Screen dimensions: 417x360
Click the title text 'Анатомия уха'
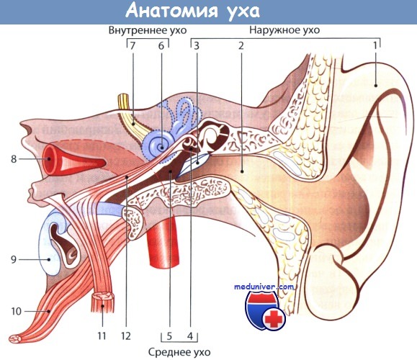[192, 12]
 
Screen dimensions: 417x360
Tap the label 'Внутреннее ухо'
[148, 30]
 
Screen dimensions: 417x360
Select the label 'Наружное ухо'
[284, 30]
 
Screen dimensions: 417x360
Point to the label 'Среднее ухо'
[179, 352]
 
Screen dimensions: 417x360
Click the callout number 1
[375, 46]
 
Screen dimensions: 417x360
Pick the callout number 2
[241, 46]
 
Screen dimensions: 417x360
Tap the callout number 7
[133, 46]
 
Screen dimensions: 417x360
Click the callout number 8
[14, 159]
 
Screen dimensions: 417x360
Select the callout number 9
[14, 259]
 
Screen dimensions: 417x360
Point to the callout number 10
[17, 311]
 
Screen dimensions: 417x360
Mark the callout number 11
[102, 336]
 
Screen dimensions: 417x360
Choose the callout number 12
[126, 336]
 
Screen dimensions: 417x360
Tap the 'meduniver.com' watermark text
[264, 287]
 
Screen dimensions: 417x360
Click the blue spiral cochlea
[159, 146]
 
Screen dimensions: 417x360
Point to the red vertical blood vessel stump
[163, 242]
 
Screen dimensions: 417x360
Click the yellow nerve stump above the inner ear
[124, 101]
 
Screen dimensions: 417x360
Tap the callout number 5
[169, 336]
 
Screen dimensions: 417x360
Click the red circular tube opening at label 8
[50, 159]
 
